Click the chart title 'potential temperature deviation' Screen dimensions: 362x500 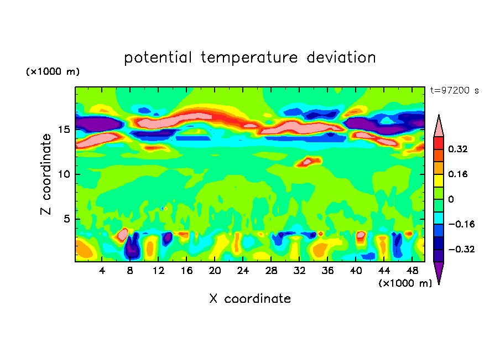point(250,58)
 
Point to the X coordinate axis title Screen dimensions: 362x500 point(250,299)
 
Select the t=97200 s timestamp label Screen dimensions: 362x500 point(454,90)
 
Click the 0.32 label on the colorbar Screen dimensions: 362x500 point(459,149)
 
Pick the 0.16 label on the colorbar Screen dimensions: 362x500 point(459,174)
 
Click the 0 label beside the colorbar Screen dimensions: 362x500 point(451,199)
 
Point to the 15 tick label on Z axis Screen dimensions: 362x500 point(63,130)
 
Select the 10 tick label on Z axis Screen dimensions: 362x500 point(63,174)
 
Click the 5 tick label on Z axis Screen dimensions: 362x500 point(66,219)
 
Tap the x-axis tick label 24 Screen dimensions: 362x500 point(242,271)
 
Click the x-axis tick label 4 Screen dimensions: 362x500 point(102,271)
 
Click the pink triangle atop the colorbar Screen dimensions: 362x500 point(439,126)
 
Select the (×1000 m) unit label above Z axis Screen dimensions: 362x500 point(53,72)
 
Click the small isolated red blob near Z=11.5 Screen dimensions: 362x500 point(309,162)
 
